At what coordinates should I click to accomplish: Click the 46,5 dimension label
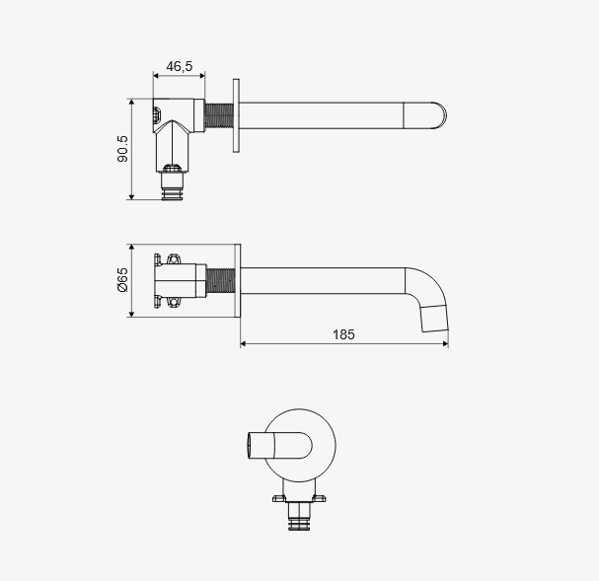point(180,66)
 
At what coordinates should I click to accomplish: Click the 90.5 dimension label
point(122,149)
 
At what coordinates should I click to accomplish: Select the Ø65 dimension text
point(122,280)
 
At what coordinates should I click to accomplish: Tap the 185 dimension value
point(343,334)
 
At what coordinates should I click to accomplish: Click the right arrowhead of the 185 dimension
point(445,343)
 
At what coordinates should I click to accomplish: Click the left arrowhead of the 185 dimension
point(244,343)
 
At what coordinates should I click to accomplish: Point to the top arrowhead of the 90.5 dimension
point(132,102)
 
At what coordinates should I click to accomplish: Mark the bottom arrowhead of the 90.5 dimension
point(132,196)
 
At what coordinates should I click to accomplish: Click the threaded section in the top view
point(219,115)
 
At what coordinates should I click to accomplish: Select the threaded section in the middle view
point(220,280)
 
